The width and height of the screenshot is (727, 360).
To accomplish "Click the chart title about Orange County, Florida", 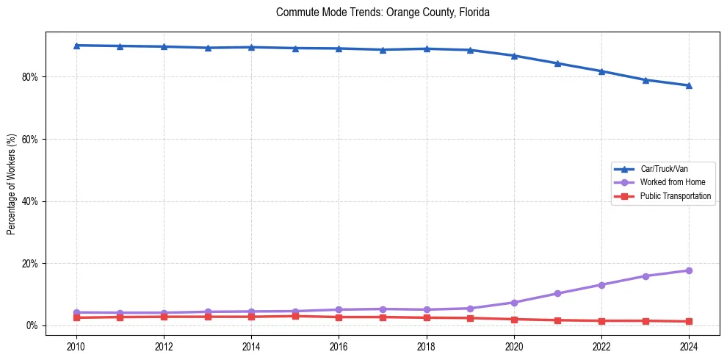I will pyautogui.click(x=383, y=12).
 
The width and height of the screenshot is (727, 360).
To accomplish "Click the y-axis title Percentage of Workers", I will pyautogui.click(x=12, y=184).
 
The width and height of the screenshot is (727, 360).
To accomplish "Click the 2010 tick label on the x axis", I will pyautogui.click(x=76, y=345).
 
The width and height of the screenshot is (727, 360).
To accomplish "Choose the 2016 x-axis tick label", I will pyautogui.click(x=339, y=345).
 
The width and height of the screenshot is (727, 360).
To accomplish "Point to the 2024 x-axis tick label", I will pyautogui.click(x=689, y=345).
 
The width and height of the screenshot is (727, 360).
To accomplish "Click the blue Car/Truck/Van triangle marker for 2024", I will pyautogui.click(x=689, y=85).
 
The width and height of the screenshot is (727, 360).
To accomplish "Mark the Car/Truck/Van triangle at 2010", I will pyautogui.click(x=76, y=46).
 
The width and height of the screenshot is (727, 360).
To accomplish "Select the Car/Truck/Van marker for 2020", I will pyautogui.click(x=514, y=56).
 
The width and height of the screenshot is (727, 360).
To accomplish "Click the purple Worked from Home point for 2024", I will pyautogui.click(x=689, y=270).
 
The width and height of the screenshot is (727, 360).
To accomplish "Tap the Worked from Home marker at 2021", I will pyautogui.click(x=557, y=293).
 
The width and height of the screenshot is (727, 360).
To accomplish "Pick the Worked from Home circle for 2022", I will pyautogui.click(x=601, y=284).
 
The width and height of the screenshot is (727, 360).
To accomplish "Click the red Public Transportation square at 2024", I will pyautogui.click(x=689, y=321).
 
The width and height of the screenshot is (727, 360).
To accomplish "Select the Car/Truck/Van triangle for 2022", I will pyautogui.click(x=601, y=71).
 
